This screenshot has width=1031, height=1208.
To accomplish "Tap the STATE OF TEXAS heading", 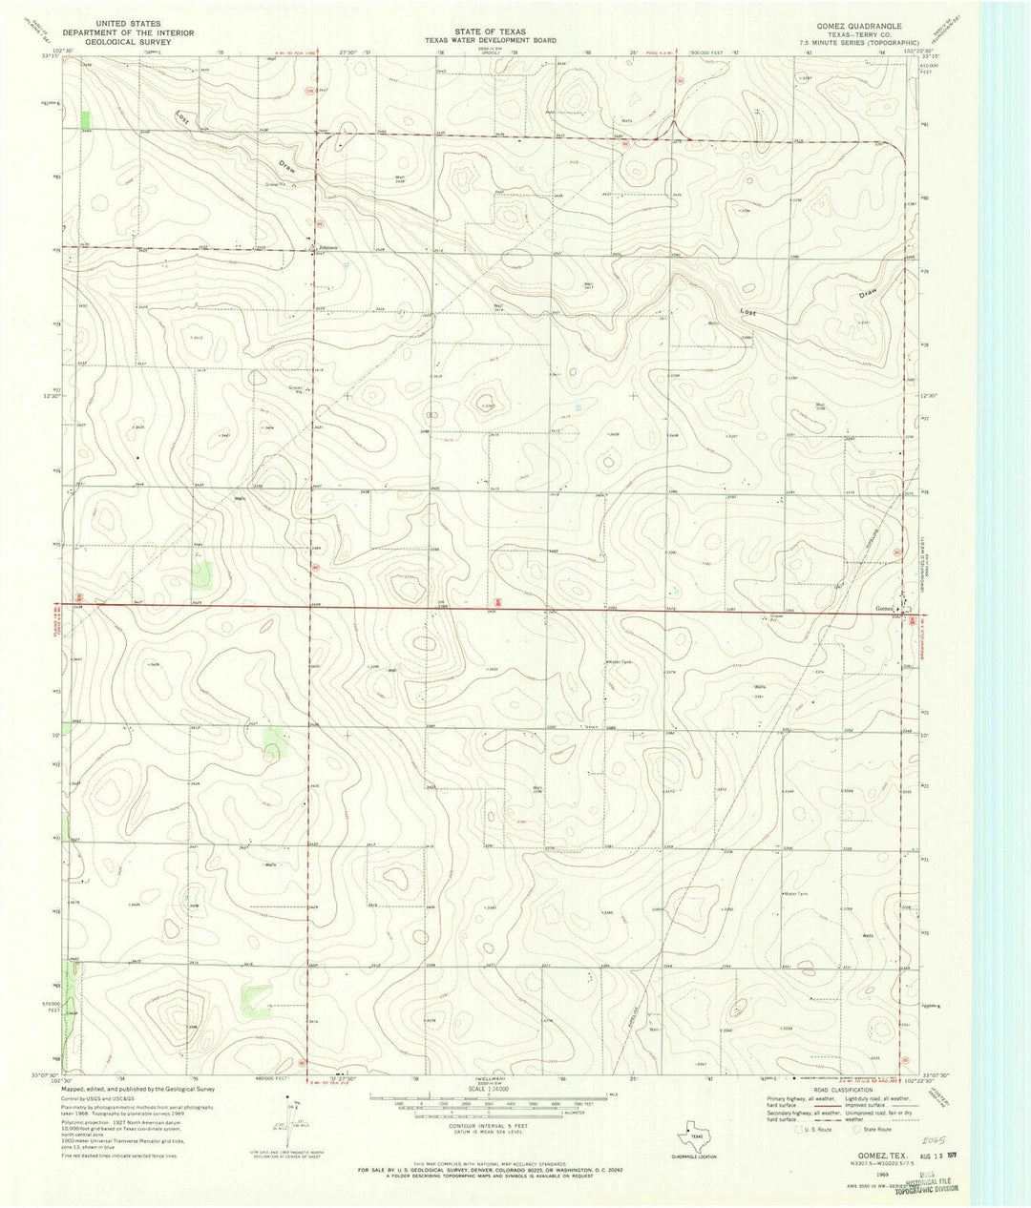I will click(490, 32).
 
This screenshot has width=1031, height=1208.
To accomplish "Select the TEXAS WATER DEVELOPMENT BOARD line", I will click(490, 41).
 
